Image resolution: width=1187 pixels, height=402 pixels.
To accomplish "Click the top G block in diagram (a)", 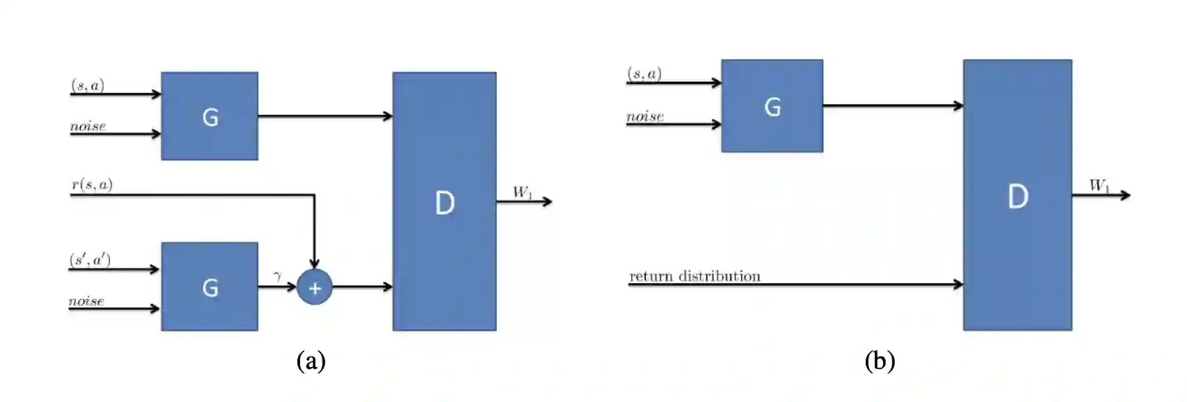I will coord(210,116).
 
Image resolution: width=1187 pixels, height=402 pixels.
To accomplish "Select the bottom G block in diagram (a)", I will coord(210,286).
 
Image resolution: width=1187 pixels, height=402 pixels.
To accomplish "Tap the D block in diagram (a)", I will coord(444,201).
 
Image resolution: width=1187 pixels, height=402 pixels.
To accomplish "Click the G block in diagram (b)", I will coord(772,106).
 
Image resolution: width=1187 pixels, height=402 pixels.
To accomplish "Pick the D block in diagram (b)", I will coord(1017,195).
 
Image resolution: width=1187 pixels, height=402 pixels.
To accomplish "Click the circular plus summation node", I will coord(315,288).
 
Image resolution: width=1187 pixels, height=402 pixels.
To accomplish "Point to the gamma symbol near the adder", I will coord(278,275).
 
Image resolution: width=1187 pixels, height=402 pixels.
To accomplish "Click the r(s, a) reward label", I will coord(92,184).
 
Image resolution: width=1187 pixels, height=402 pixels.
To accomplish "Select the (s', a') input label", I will coord(90,259).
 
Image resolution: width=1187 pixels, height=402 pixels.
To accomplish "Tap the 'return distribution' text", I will coord(695,276).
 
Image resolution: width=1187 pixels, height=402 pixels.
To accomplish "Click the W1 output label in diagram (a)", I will coord(522,192).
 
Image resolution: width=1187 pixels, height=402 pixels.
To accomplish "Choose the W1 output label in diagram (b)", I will coord(1099,186).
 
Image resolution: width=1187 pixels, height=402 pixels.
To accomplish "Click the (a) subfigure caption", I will coord(311,361).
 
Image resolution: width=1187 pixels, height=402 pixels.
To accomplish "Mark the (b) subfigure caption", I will coord(880,361).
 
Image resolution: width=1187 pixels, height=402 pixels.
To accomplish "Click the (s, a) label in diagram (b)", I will coord(644,73).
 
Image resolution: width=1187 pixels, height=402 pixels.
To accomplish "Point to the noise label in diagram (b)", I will coord(645,116).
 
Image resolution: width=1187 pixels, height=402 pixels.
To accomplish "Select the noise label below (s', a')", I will coord(87,301).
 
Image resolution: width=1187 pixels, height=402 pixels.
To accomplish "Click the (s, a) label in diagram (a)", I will coord(88,85).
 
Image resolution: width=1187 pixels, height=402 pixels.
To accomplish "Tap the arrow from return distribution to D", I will coord(859,284).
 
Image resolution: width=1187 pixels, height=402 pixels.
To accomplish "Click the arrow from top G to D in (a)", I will coord(325,116).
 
